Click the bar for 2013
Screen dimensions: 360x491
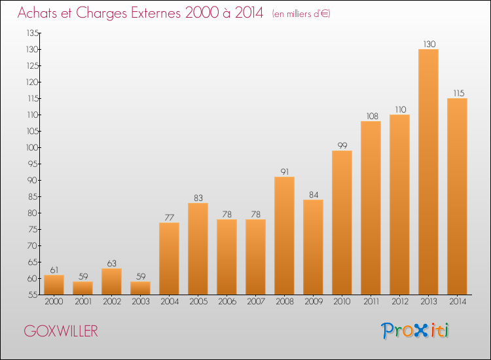428,171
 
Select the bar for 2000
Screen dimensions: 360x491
54,285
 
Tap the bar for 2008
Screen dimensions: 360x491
284,236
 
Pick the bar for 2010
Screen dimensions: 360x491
342,223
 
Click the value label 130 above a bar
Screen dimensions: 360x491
428,44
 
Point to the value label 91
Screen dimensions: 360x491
284,171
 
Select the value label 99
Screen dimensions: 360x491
342,145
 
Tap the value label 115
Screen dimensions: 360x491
457,93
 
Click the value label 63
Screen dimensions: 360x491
111,263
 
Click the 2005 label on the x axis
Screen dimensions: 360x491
198,302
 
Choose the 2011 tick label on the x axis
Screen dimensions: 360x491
371,302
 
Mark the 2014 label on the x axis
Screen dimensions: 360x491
457,302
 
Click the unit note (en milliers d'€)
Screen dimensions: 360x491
300,14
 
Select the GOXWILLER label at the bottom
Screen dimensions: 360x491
61,331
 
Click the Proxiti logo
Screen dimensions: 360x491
416,331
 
